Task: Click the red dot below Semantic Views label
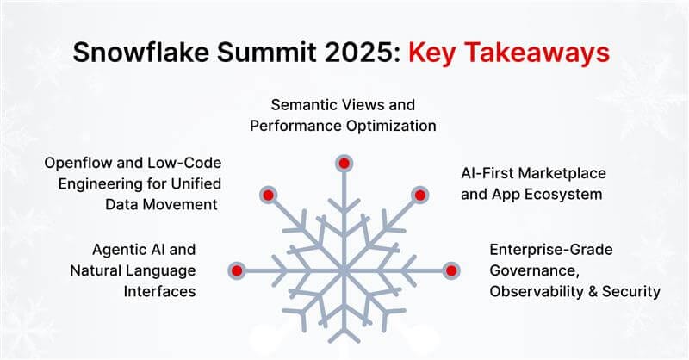click(x=344, y=163)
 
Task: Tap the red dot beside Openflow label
click(x=268, y=195)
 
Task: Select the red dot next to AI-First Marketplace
click(x=419, y=195)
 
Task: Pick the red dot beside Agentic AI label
click(x=239, y=270)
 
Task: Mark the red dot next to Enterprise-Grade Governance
click(x=450, y=270)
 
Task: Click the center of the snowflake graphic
click(x=344, y=270)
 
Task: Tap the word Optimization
click(x=388, y=126)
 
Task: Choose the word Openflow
click(x=78, y=163)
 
